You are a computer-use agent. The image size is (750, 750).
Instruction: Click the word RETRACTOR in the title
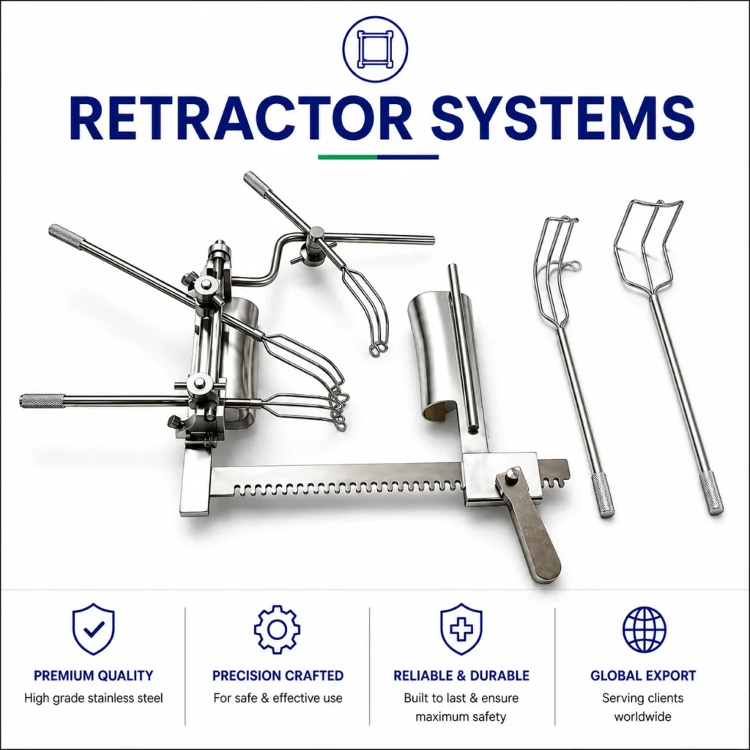pyautogui.click(x=240, y=118)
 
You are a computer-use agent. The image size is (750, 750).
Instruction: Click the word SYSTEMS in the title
pyautogui.click(x=563, y=118)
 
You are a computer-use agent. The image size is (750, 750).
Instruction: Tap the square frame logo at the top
pyautogui.click(x=375, y=49)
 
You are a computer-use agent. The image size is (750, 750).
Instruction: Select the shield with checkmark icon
pyautogui.click(x=93, y=628)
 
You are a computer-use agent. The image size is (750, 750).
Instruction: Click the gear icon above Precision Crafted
pyautogui.click(x=277, y=629)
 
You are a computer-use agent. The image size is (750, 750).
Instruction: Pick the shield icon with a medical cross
pyautogui.click(x=461, y=628)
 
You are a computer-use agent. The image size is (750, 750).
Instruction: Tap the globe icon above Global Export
pyautogui.click(x=644, y=629)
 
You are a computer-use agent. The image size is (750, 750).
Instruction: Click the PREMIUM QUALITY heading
pyautogui.click(x=93, y=675)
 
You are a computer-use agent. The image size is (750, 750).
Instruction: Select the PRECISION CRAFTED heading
pyautogui.click(x=278, y=675)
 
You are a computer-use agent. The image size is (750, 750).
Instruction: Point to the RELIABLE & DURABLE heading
pyautogui.click(x=461, y=675)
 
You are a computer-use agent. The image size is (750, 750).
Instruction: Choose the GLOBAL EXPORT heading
pyautogui.click(x=643, y=675)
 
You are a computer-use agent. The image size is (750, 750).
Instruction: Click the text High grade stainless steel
pyautogui.click(x=93, y=698)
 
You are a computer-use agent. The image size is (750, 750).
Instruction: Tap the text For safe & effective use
pyautogui.click(x=278, y=698)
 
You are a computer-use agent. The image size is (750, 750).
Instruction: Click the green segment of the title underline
pyautogui.click(x=348, y=157)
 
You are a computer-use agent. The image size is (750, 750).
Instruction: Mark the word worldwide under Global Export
pyautogui.click(x=643, y=716)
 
